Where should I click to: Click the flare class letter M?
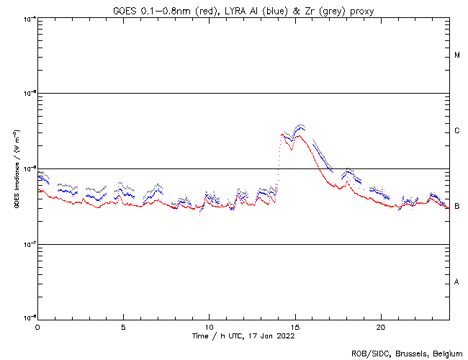(457, 55)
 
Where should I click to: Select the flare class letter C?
(457, 131)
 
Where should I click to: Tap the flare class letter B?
(457, 207)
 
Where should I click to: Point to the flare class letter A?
(457, 282)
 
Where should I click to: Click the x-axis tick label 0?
(37, 326)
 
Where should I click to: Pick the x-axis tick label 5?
(123, 326)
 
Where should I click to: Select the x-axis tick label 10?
(209, 326)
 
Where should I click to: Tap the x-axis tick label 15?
(294, 326)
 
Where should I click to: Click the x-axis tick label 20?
(380, 326)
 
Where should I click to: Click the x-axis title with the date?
(243, 336)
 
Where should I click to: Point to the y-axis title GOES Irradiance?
(16, 169)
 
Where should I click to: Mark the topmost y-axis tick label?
(30, 18)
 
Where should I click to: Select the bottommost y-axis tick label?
(30, 318)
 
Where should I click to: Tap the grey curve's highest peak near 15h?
(300, 125)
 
